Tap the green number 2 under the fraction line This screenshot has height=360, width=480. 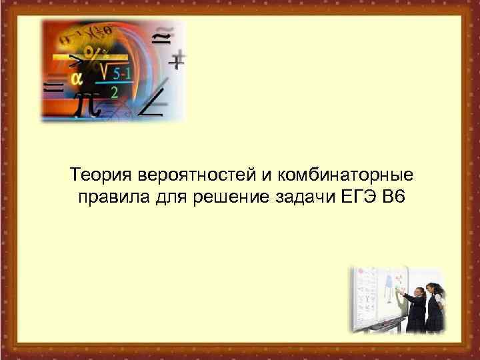(115, 93)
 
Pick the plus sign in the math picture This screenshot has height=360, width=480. (176, 62)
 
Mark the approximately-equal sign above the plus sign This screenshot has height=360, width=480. (161, 38)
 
